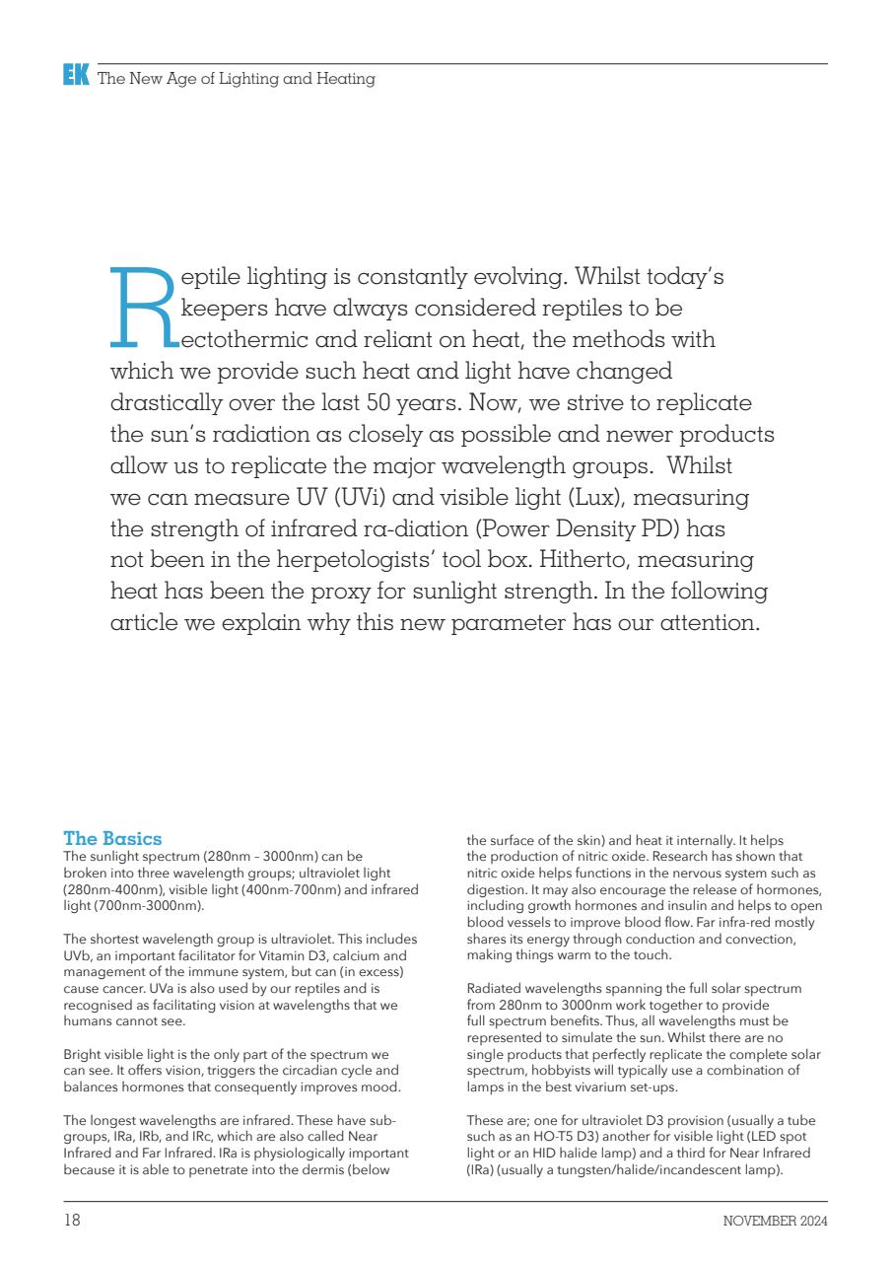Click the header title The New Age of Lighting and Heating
tap(237, 79)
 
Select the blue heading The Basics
tap(112, 839)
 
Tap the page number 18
tap(72, 1221)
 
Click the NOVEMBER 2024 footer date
tap(775, 1222)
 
